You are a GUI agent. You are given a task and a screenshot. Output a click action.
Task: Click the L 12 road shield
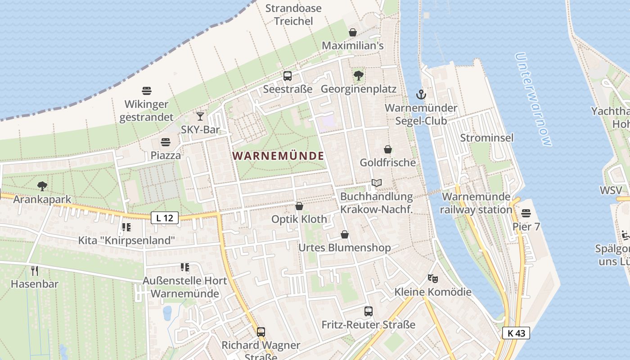(165, 218)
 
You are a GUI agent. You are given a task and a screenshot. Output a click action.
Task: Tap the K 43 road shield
(516, 333)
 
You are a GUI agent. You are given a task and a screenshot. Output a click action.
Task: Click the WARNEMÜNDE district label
(278, 156)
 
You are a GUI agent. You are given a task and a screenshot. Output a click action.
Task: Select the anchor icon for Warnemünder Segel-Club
(421, 94)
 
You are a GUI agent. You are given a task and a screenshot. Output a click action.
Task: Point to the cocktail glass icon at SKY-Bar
(201, 117)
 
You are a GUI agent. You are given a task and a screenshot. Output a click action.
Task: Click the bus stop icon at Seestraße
(288, 76)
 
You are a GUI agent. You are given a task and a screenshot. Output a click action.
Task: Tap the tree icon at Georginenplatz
(359, 75)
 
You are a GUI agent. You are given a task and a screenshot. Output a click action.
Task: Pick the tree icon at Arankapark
(42, 185)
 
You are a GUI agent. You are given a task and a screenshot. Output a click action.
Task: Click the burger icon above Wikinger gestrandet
(146, 91)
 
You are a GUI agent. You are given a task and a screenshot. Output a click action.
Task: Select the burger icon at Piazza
(166, 142)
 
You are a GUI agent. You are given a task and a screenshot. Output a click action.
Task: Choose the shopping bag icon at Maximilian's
(353, 32)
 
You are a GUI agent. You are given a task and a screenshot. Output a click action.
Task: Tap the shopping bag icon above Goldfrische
(388, 149)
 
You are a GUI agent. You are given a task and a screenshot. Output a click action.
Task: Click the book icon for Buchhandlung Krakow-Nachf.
(377, 183)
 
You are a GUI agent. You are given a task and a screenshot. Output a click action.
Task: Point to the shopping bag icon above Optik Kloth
(299, 206)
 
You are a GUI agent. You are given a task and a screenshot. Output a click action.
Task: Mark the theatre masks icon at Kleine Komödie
(433, 278)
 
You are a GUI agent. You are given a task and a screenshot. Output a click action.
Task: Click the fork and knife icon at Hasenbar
(35, 270)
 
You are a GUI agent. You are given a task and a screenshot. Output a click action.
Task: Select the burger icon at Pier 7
(526, 213)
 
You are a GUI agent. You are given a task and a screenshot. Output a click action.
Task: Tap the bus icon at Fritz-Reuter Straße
(368, 311)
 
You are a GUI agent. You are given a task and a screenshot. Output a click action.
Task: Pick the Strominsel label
(486, 138)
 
